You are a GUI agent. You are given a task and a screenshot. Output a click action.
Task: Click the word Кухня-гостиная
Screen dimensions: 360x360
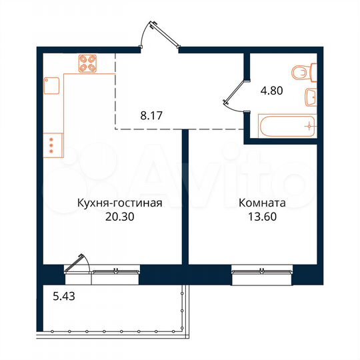(119, 204)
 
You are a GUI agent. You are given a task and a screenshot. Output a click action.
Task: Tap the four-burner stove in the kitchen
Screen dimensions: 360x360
(87, 63)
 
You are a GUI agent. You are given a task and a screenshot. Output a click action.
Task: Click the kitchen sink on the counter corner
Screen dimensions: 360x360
(52, 85)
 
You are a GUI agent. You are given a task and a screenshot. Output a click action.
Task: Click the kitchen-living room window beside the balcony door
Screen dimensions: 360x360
(116, 271)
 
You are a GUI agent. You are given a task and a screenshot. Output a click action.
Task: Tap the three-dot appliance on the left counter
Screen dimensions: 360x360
(51, 145)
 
